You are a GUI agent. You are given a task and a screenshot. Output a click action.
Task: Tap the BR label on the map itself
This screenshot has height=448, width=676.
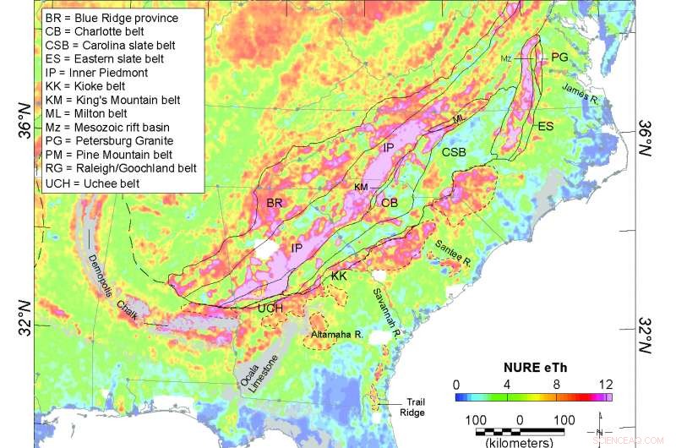point(274,204)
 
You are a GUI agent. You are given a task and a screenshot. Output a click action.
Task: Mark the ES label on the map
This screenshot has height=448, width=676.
point(546,126)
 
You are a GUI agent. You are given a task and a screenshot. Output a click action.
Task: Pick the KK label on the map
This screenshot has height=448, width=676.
point(340,276)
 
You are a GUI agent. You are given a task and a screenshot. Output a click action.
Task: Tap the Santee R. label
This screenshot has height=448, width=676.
point(453,251)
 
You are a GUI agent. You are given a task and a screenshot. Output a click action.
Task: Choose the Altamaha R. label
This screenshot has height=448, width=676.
point(336,336)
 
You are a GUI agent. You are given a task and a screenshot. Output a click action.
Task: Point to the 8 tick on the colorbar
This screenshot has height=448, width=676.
point(556,383)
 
